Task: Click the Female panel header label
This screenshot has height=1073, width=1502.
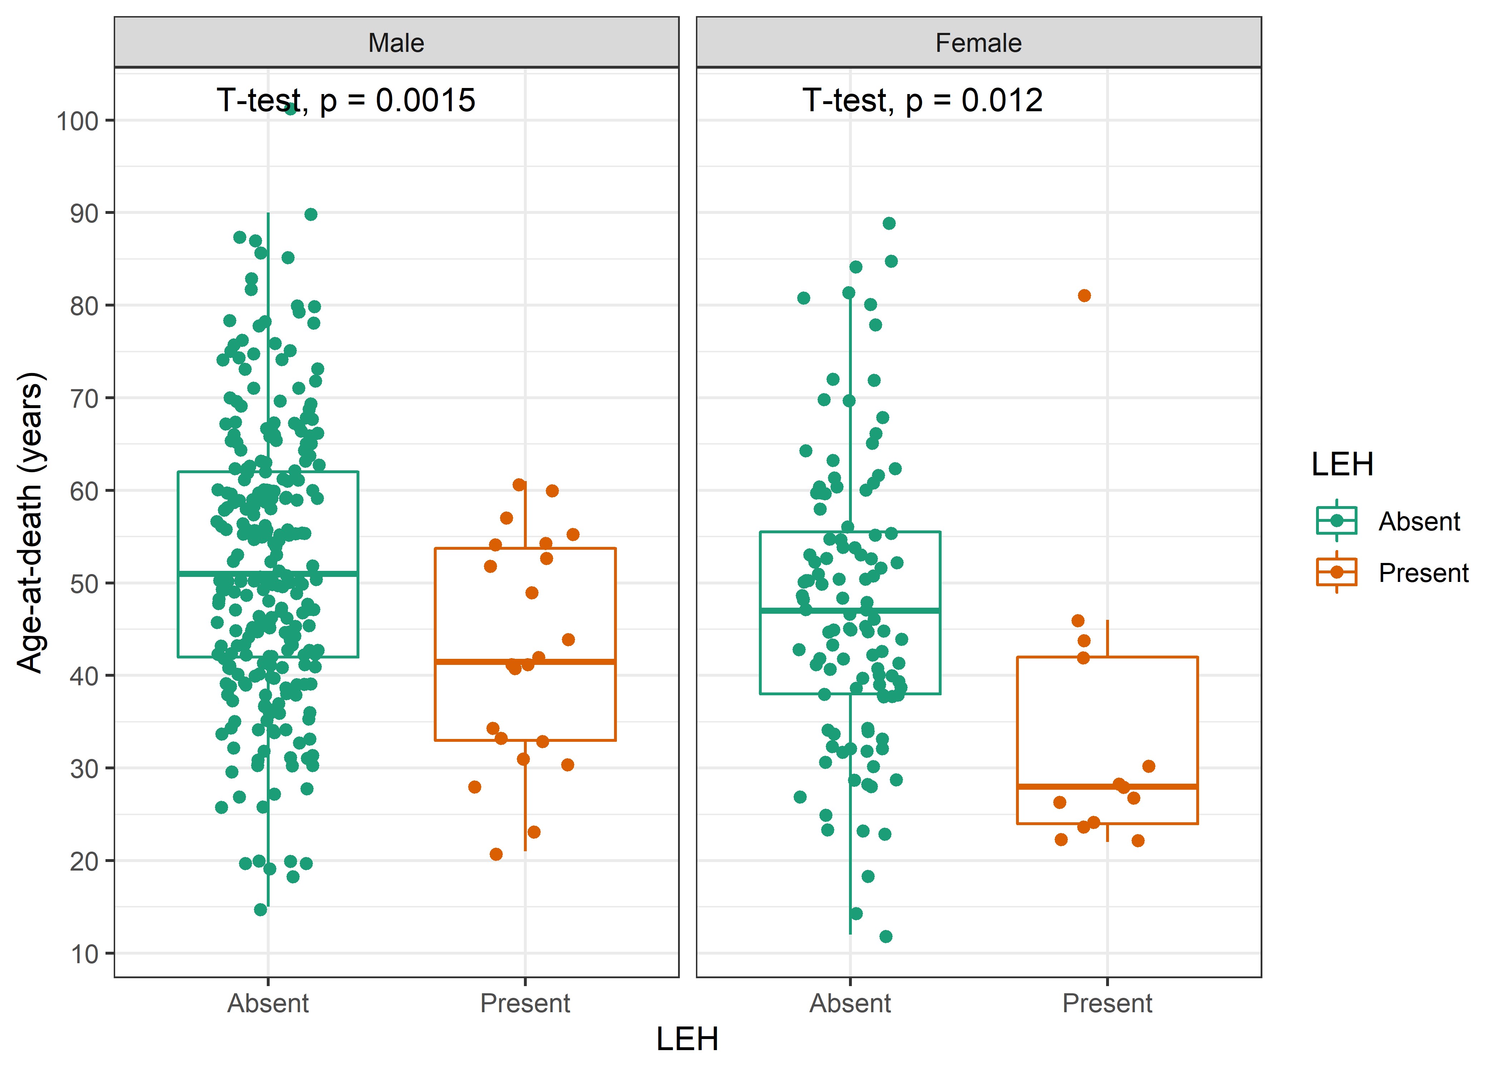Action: pyautogui.click(x=978, y=43)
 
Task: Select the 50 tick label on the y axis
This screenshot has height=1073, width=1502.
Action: pyautogui.click(x=84, y=583)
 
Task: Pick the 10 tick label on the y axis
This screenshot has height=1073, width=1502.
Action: pyautogui.click(x=84, y=954)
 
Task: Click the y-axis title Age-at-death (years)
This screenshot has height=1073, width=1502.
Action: pyautogui.click(x=30, y=522)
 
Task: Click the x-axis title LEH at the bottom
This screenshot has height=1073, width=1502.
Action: pyautogui.click(x=687, y=1039)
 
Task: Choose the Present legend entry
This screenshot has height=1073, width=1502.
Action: pyautogui.click(x=1423, y=573)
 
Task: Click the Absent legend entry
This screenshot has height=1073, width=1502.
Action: pyautogui.click(x=1419, y=521)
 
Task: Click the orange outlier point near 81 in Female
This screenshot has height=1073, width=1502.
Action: pyautogui.click(x=1084, y=295)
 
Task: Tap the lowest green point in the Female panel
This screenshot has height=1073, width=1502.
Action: pyautogui.click(x=886, y=936)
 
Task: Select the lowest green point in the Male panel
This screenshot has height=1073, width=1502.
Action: pyautogui.click(x=260, y=910)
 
